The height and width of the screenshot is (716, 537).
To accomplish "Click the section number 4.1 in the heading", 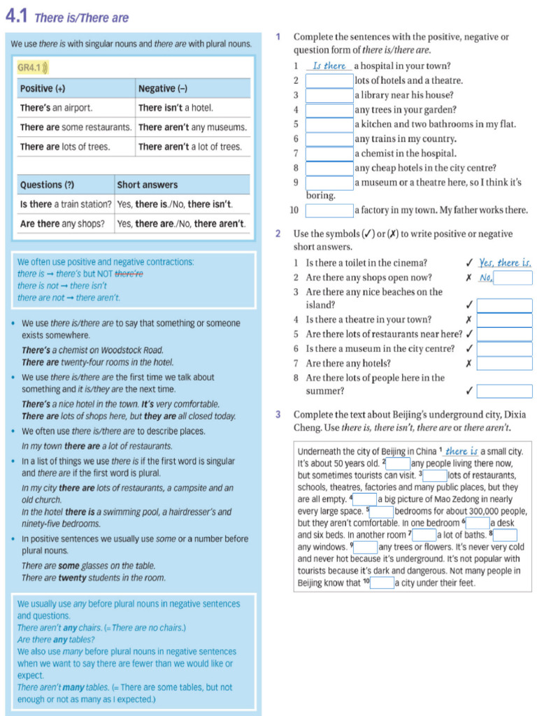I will click(x=17, y=16).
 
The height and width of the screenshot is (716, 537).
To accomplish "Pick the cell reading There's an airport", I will click(x=56, y=108).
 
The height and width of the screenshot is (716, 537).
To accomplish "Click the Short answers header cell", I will click(x=147, y=185).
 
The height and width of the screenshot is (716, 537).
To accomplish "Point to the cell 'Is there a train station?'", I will click(x=66, y=204).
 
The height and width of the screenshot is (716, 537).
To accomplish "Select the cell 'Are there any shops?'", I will click(x=62, y=224).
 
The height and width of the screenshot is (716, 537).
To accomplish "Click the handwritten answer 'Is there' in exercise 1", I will click(x=329, y=66).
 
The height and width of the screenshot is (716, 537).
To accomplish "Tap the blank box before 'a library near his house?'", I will click(x=329, y=95).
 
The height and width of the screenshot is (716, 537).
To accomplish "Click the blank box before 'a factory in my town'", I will click(x=329, y=210).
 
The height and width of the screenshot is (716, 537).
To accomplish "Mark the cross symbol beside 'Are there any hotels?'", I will click(x=468, y=364).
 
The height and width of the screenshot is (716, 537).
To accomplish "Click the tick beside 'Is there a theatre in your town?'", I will click(x=468, y=320).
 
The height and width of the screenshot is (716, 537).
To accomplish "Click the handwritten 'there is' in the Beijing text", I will click(x=461, y=452).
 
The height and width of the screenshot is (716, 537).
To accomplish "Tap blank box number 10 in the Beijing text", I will click(x=382, y=583).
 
